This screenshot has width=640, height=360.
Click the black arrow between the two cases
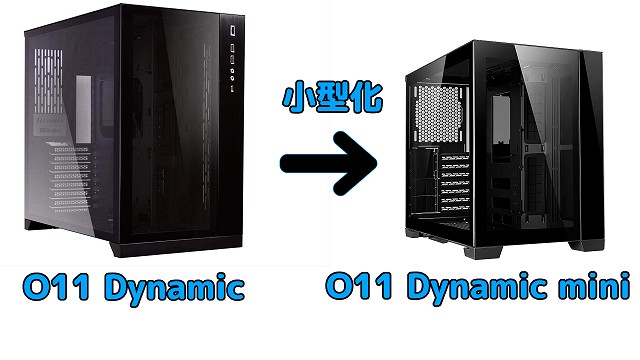(327, 166)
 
